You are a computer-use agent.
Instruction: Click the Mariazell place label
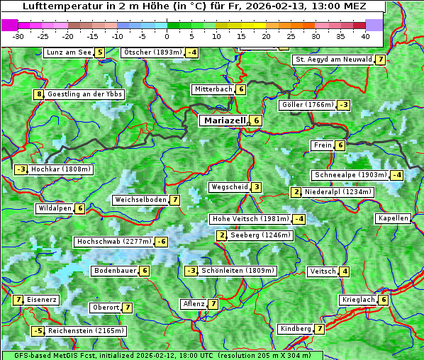pos(223,120)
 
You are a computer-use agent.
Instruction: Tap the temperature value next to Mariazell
pos(257,120)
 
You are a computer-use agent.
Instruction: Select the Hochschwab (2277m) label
pos(114,242)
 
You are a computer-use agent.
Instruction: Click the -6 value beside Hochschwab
pos(162,242)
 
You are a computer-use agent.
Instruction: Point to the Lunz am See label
pos(68,52)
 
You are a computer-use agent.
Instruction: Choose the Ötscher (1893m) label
pos(152,52)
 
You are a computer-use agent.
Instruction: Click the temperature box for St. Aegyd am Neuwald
pos(381,60)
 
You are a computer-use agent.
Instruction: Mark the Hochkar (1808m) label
pos(61,169)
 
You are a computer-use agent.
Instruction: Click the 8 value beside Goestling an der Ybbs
pos(38,94)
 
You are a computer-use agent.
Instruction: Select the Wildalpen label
pos(55,208)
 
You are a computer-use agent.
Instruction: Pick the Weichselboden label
pos(140,200)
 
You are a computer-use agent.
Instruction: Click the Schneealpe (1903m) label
pos(350,175)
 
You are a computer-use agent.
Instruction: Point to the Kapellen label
pos(393,218)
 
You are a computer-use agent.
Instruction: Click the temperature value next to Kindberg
pos(320,329)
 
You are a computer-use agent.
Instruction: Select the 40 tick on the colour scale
pos(365,35)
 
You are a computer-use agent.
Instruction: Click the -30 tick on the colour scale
pos(18,35)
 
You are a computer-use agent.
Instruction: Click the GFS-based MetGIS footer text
pos(161,355)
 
